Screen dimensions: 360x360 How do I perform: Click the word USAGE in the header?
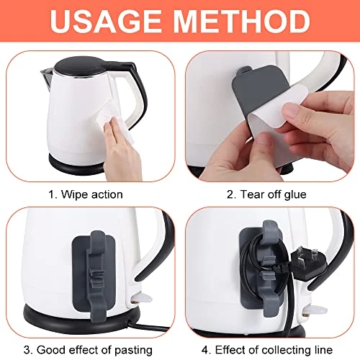click(x=106, y=21)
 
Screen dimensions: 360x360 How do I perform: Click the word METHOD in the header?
click(x=241, y=21)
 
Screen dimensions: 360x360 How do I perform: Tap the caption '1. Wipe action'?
click(x=86, y=194)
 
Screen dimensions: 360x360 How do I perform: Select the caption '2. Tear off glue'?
click(x=266, y=194)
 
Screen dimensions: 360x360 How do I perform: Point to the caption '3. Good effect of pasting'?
click(x=88, y=350)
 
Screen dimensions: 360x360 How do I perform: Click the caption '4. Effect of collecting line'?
click(x=267, y=350)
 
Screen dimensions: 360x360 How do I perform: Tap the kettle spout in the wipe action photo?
click(x=47, y=77)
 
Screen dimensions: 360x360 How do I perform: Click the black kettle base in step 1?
click(x=76, y=166)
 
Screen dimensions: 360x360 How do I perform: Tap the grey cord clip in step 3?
click(x=96, y=276)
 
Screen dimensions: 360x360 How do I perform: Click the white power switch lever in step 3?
click(x=142, y=299)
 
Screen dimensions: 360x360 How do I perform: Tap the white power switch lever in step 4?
click(x=315, y=309)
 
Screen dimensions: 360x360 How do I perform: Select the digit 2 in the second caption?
click(x=230, y=194)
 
